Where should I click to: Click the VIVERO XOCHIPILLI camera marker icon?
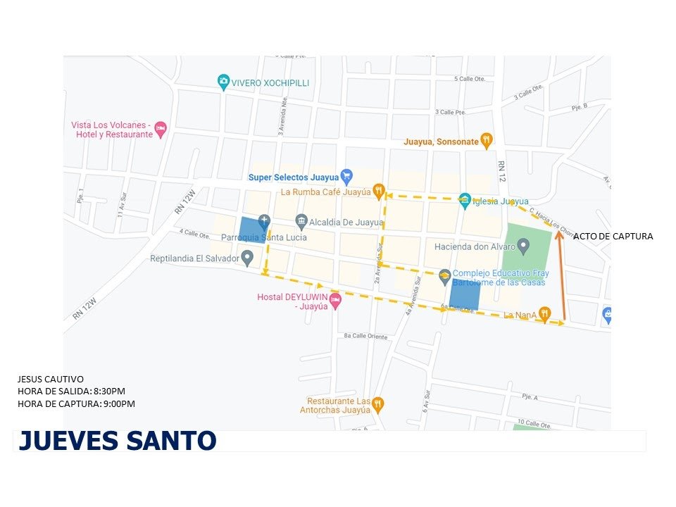pos(223,82)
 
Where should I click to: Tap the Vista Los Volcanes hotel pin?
pos(161,129)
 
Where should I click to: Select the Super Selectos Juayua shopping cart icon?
pos(346,176)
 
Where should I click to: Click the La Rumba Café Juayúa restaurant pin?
pos(378,190)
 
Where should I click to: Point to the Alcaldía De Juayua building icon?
pos(301,223)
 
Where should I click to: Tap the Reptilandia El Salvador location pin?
pos(246,258)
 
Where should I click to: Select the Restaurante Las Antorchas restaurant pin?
pos(378,403)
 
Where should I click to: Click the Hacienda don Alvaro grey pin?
pos(523,246)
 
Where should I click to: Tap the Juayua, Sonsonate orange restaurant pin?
pos(486,140)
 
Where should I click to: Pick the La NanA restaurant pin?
pos(544,314)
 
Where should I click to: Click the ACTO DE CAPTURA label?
pos(613,237)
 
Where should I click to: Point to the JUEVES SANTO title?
pos(117,440)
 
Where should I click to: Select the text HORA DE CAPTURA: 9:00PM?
pos(75,403)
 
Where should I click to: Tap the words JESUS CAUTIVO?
pos(50,380)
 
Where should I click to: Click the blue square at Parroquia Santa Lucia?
pos(251,231)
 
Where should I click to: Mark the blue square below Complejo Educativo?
pos(465,294)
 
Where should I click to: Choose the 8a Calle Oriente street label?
pos(365,337)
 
